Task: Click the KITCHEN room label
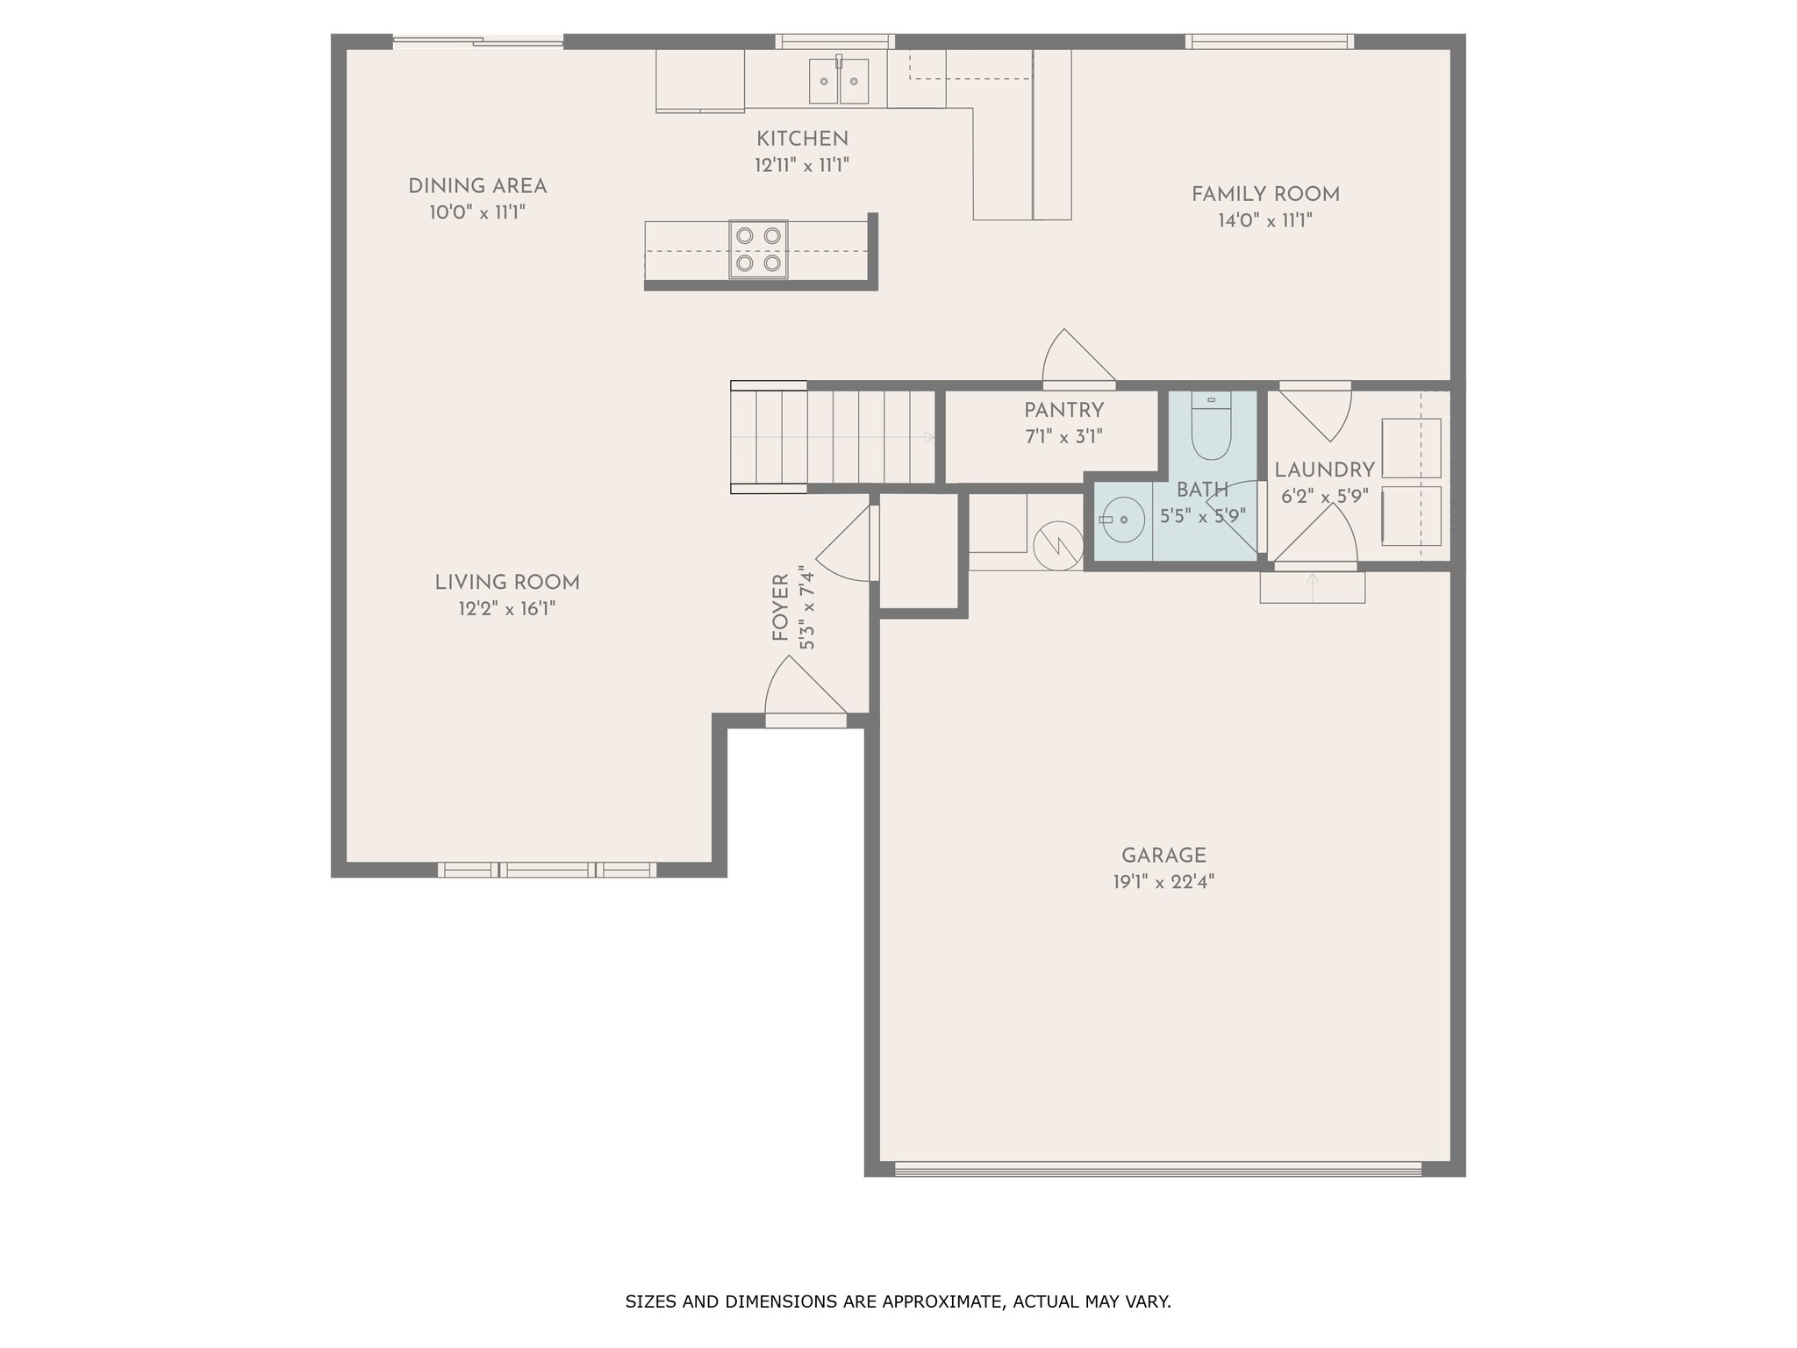(x=802, y=139)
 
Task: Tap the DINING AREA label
(x=477, y=186)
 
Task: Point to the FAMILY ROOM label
(x=1265, y=194)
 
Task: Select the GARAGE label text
(x=1163, y=856)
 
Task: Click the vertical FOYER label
(x=780, y=607)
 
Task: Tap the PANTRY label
(x=1063, y=410)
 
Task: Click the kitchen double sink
(x=838, y=81)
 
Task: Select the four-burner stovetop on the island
(x=758, y=249)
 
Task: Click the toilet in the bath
(x=1212, y=427)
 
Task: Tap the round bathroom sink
(x=1123, y=520)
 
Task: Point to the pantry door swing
(x=1078, y=358)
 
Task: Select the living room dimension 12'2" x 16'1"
(x=507, y=608)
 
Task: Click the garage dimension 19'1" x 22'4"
(x=1163, y=882)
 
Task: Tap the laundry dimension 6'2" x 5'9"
(x=1324, y=497)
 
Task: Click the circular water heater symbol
(x=1058, y=546)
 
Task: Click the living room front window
(x=547, y=870)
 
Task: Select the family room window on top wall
(x=1269, y=41)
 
